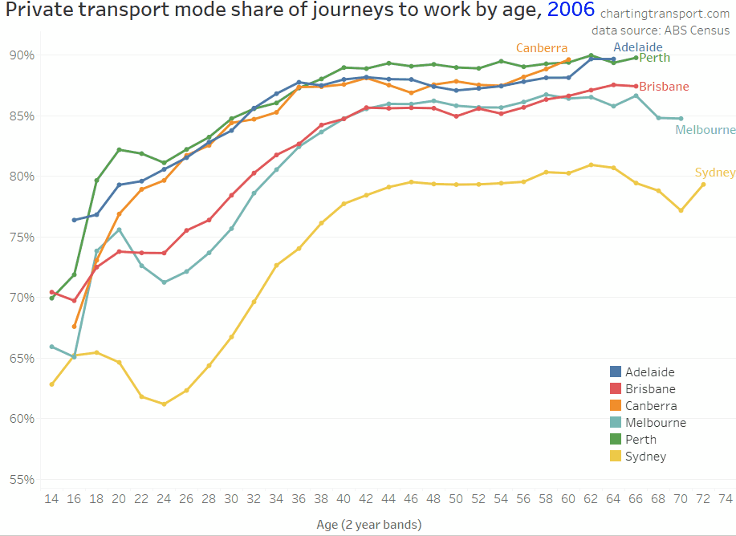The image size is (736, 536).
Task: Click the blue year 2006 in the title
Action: click(571, 11)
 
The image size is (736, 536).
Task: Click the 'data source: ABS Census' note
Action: click(661, 30)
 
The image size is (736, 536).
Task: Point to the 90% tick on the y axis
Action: click(22, 55)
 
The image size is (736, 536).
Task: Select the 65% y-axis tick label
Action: click(22, 358)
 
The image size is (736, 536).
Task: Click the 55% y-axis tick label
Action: click(22, 479)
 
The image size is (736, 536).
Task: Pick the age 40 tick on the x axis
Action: click(344, 498)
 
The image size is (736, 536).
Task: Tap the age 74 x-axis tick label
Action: click(726, 498)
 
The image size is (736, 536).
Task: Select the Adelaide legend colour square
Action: click(616, 372)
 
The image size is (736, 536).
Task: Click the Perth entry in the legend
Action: click(641, 440)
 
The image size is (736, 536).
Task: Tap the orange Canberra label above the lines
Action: click(542, 48)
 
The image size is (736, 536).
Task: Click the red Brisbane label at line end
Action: click(664, 87)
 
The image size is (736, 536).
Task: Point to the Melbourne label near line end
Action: click(705, 130)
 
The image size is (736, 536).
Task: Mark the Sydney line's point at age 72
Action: click(703, 184)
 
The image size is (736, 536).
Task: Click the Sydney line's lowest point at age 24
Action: click(164, 404)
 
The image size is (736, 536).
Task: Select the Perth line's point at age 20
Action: click(119, 149)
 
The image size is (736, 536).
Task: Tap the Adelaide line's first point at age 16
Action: click(74, 220)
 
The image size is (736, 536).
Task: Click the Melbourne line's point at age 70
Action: click(681, 119)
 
